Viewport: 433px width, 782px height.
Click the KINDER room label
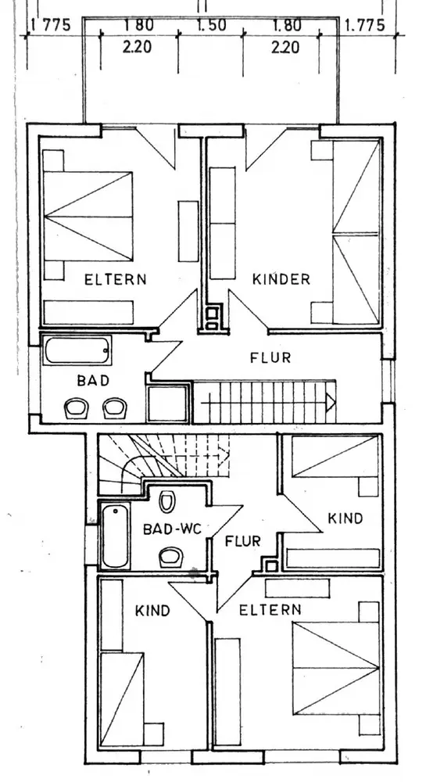[281, 279]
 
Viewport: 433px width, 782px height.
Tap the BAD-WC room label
[172, 529]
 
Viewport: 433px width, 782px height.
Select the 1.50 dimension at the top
[212, 25]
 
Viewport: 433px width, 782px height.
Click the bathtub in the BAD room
[77, 350]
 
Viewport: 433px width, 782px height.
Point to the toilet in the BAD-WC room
[167, 500]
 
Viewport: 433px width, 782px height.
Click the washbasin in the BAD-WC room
[171, 557]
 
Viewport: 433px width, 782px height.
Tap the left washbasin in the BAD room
[77, 408]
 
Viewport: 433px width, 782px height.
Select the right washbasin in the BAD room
[115, 408]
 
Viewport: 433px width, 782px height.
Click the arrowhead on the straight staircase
[331, 402]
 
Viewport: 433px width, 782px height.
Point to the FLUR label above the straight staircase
[270, 357]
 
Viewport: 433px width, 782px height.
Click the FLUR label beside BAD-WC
[242, 541]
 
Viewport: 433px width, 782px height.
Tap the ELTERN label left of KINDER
[116, 279]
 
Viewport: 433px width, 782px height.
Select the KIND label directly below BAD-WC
[152, 611]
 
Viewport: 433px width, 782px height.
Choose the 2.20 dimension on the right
[285, 48]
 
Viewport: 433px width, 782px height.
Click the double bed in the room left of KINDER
[88, 216]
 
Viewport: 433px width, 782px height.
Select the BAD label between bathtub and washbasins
[93, 381]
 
